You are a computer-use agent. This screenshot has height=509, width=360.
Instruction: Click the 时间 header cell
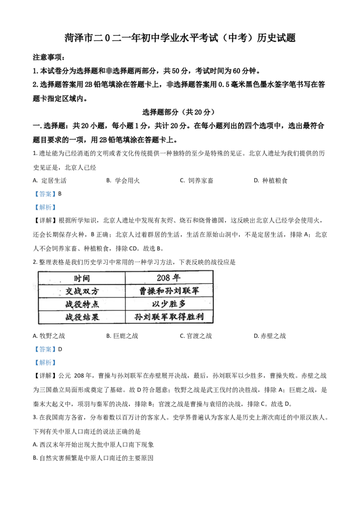81,278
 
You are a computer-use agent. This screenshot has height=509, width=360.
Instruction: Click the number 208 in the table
164,278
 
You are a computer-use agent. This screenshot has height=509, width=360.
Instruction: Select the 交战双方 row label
81,291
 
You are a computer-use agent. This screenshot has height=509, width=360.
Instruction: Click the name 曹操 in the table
147,291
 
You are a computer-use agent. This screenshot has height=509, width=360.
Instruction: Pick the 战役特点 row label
81,304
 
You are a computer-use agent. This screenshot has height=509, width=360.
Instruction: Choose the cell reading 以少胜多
169,304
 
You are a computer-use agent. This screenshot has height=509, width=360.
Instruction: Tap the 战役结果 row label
81,317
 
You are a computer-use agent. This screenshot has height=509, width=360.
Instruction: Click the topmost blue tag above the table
45,194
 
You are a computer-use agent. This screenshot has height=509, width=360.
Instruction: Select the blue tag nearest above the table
45,208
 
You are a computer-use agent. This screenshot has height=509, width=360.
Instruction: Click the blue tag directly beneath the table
45,349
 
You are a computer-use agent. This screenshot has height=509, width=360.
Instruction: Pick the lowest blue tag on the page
45,362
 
